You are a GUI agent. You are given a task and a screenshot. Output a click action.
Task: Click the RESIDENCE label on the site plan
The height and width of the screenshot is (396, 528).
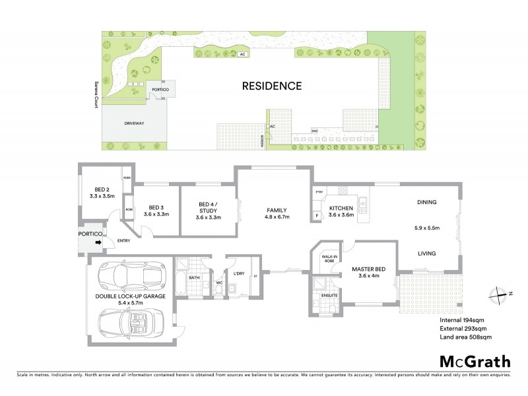(271, 86)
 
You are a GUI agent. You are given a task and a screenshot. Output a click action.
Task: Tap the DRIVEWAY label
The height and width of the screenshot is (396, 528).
(134, 123)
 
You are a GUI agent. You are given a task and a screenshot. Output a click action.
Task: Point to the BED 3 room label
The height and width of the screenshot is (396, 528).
(156, 207)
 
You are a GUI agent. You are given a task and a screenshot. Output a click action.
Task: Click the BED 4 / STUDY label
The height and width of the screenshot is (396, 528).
(209, 207)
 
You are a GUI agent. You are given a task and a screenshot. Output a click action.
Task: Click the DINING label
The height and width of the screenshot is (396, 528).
(425, 202)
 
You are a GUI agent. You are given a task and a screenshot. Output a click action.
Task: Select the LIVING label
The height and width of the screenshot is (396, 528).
(424, 253)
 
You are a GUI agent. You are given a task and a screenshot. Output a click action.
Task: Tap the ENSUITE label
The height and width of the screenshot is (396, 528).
(329, 295)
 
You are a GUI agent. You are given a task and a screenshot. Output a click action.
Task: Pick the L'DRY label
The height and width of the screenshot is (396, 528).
(239, 273)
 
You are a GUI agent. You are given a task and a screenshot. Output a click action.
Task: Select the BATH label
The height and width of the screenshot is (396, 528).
(194, 278)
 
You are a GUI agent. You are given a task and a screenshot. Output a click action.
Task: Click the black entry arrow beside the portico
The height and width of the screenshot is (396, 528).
(98, 242)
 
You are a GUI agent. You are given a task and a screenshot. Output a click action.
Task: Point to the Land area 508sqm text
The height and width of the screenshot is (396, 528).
(465, 338)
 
